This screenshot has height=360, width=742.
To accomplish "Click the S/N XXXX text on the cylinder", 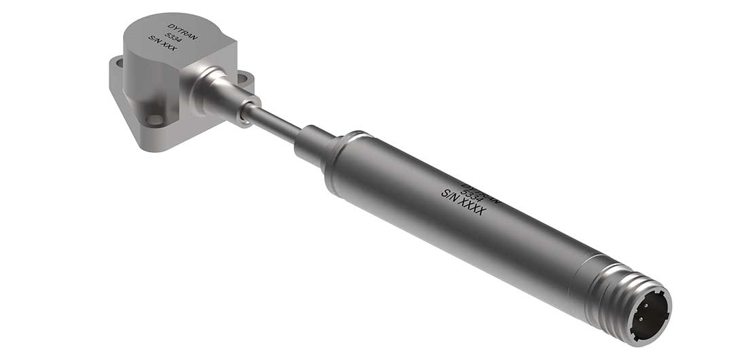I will click(x=463, y=202).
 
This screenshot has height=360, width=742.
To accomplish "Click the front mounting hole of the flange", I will click(x=156, y=120).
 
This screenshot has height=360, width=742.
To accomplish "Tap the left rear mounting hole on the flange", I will click(x=120, y=63).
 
